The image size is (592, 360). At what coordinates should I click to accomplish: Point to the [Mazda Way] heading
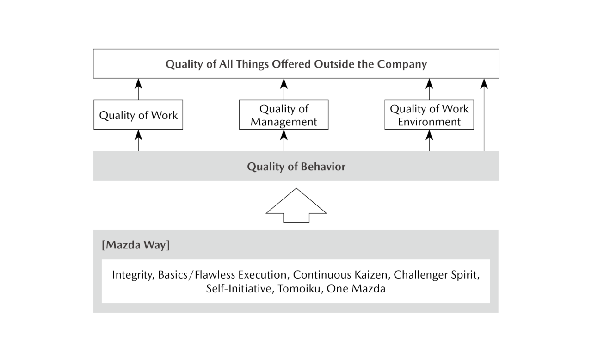click(x=136, y=245)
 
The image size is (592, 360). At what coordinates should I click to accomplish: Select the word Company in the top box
click(x=402, y=64)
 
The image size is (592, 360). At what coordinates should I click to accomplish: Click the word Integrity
click(x=133, y=275)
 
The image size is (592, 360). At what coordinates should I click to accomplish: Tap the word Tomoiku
click(x=299, y=288)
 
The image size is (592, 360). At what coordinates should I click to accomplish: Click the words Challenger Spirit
click(x=436, y=275)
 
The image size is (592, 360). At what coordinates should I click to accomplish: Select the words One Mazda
click(x=356, y=288)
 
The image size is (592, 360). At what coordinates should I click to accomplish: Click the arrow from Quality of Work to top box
click(x=138, y=89)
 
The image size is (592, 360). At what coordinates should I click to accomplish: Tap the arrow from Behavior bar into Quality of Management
click(x=284, y=141)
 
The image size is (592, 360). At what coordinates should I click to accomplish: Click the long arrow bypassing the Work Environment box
click(x=484, y=115)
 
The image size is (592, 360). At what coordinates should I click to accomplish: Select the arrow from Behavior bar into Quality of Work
click(x=138, y=141)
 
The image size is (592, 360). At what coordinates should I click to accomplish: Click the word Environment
click(x=429, y=122)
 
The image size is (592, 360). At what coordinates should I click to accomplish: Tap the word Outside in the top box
click(x=333, y=64)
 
